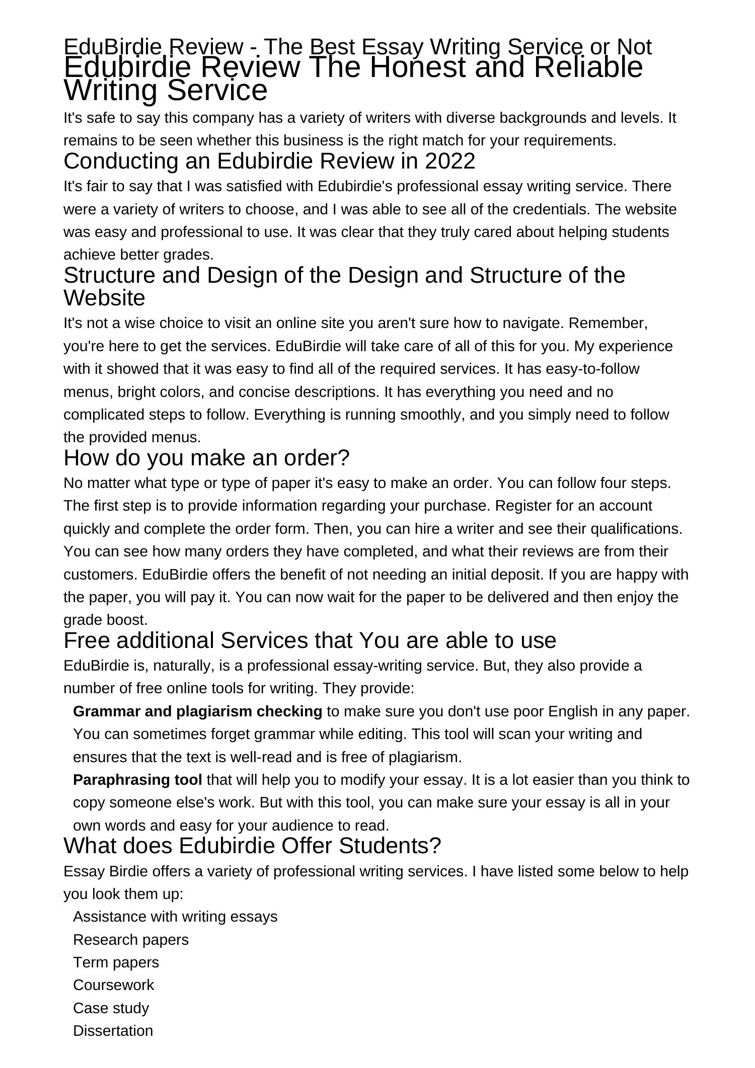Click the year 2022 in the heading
click(x=450, y=161)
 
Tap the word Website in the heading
click(x=104, y=298)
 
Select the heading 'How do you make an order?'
click(x=206, y=458)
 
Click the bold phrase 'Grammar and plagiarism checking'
click(x=197, y=711)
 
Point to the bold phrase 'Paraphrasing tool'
click(x=137, y=780)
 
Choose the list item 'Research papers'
click(x=131, y=940)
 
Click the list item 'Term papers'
click(x=116, y=962)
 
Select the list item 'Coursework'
click(x=113, y=985)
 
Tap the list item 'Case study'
click(x=111, y=1008)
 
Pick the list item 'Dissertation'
click(x=113, y=1031)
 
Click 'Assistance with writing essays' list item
click(x=175, y=917)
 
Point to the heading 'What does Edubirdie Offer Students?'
click(x=252, y=846)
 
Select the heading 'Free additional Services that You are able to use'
click(x=310, y=641)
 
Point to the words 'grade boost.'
click(x=105, y=620)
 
